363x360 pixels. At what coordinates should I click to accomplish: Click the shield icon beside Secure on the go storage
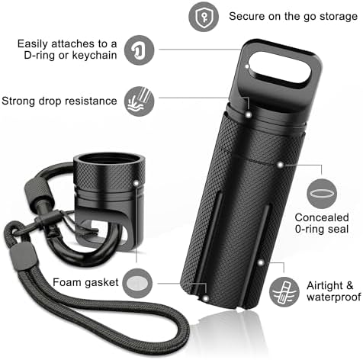(x=204, y=17)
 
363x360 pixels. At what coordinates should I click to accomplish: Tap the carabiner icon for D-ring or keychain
(x=140, y=50)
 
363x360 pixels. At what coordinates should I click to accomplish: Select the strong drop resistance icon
(x=140, y=101)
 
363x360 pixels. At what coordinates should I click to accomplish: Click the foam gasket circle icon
(x=137, y=283)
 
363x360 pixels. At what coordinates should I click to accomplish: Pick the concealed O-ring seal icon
(x=322, y=194)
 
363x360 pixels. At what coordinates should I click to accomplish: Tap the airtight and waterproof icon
(x=284, y=292)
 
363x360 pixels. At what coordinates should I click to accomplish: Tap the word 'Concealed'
(x=322, y=217)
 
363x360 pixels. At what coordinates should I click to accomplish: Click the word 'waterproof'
(x=334, y=297)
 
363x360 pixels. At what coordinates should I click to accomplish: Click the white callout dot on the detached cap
(x=137, y=183)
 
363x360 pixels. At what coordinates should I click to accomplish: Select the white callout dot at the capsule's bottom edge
(x=206, y=298)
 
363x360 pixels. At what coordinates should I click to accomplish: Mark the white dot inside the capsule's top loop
(x=247, y=66)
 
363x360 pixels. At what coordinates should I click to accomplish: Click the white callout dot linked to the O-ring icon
(x=280, y=165)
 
